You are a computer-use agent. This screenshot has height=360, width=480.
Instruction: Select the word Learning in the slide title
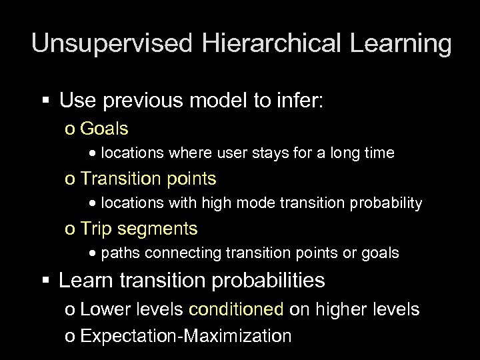click(399, 44)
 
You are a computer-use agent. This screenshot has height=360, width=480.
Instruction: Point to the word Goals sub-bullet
click(105, 128)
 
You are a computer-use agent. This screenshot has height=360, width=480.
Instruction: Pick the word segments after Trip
click(158, 229)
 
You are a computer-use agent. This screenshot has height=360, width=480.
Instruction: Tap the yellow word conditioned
click(237, 309)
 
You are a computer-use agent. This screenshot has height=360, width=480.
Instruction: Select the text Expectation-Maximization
click(185, 335)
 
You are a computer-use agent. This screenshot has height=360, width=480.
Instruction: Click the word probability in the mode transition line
click(382, 203)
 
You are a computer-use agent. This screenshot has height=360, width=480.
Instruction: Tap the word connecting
click(176, 253)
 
